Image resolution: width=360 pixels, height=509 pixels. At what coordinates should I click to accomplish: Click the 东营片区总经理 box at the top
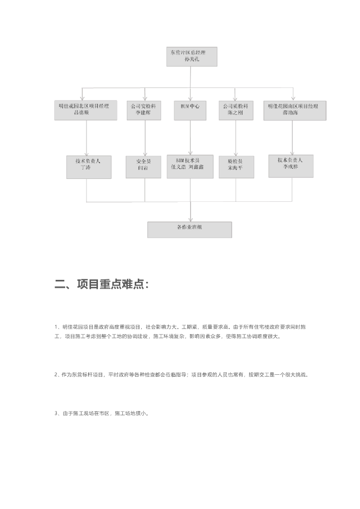pyautogui.click(x=191, y=56)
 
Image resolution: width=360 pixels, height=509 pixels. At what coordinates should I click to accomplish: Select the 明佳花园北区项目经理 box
pyautogui.click(x=87, y=110)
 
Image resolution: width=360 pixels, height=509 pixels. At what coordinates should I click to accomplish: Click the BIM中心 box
pyautogui.click(x=190, y=110)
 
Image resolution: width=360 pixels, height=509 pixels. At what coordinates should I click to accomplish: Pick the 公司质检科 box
pyautogui.click(x=236, y=110)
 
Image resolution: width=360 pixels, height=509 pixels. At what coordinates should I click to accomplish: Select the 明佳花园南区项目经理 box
pyautogui.click(x=295, y=110)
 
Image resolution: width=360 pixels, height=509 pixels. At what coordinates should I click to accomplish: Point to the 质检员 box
pyautogui.click(x=236, y=167)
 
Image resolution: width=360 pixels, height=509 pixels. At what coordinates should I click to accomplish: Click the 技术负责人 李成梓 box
pyautogui.click(x=291, y=166)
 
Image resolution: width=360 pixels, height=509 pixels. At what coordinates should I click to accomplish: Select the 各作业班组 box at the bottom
pyautogui.click(x=189, y=229)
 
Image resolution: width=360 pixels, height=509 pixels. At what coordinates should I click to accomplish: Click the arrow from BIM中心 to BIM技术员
pyautogui.click(x=190, y=137)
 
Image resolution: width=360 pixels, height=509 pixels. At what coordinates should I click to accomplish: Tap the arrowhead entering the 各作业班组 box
pyautogui.click(x=190, y=219)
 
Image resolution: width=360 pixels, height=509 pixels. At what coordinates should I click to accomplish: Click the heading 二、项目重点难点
pyautogui.click(x=101, y=285)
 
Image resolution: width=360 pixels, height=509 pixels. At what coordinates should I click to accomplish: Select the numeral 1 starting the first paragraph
pyautogui.click(x=56, y=327)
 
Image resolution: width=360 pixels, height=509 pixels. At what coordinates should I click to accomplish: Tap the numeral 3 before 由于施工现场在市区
pyautogui.click(x=56, y=413)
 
